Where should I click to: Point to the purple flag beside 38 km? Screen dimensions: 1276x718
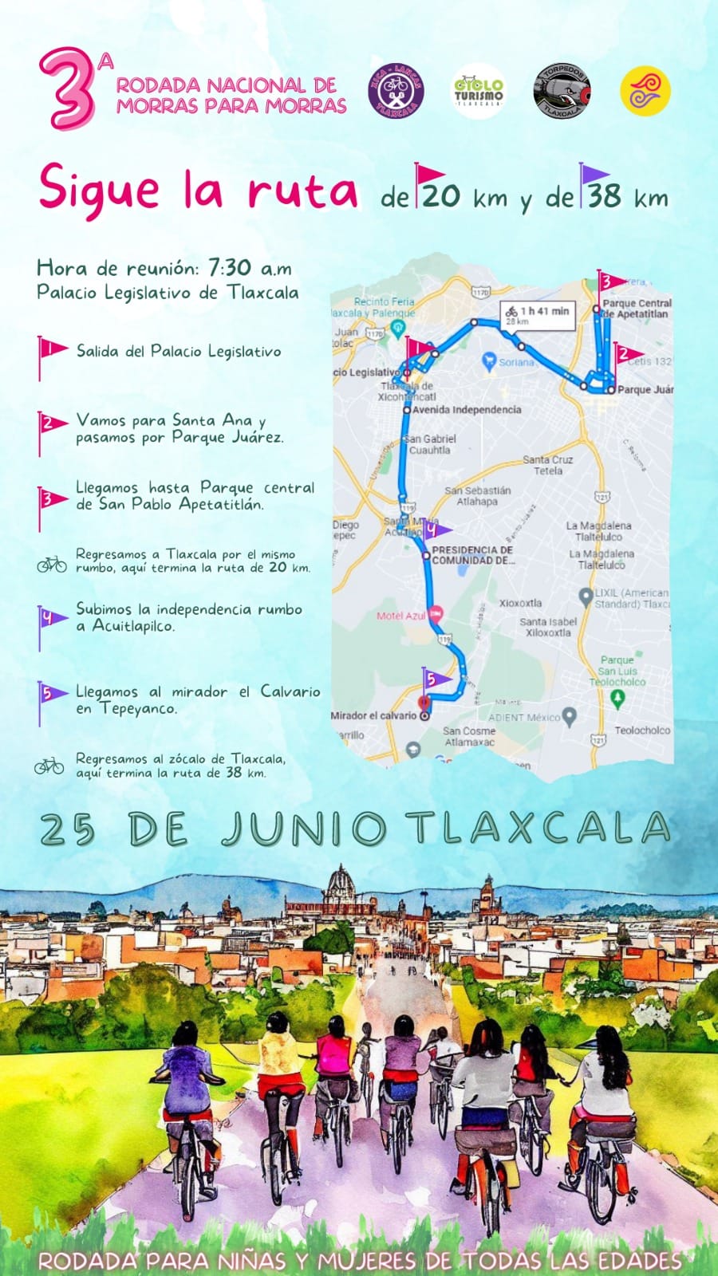tap(592, 183)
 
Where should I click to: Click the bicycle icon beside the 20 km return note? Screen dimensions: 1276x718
tap(52, 565)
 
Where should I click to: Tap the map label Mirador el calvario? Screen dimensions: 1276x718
tap(373, 715)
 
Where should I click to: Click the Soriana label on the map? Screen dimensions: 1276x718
tap(516, 362)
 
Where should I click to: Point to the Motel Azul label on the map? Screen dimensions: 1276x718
tap(401, 616)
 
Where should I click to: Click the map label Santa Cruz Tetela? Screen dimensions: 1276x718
tap(547, 465)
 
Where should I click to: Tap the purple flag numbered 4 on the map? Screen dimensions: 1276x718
tap(434, 529)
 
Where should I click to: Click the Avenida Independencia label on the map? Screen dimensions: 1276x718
tap(467, 410)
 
